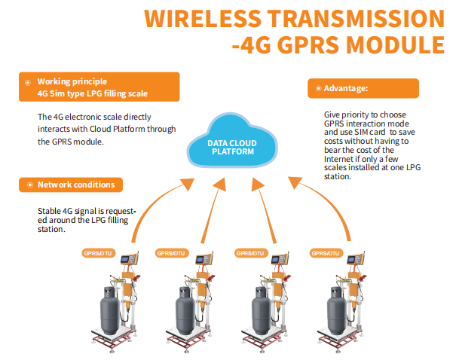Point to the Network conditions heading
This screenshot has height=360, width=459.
tap(75, 185)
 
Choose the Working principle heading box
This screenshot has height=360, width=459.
tap(99, 87)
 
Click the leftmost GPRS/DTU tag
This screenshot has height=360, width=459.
tap(96, 254)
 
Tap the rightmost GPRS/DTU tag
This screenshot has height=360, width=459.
tap(326, 254)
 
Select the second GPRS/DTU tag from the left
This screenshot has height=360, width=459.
tap(170, 254)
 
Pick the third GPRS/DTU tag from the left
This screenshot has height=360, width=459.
tap(251, 254)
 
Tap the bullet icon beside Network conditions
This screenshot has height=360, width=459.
tap(28, 185)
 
